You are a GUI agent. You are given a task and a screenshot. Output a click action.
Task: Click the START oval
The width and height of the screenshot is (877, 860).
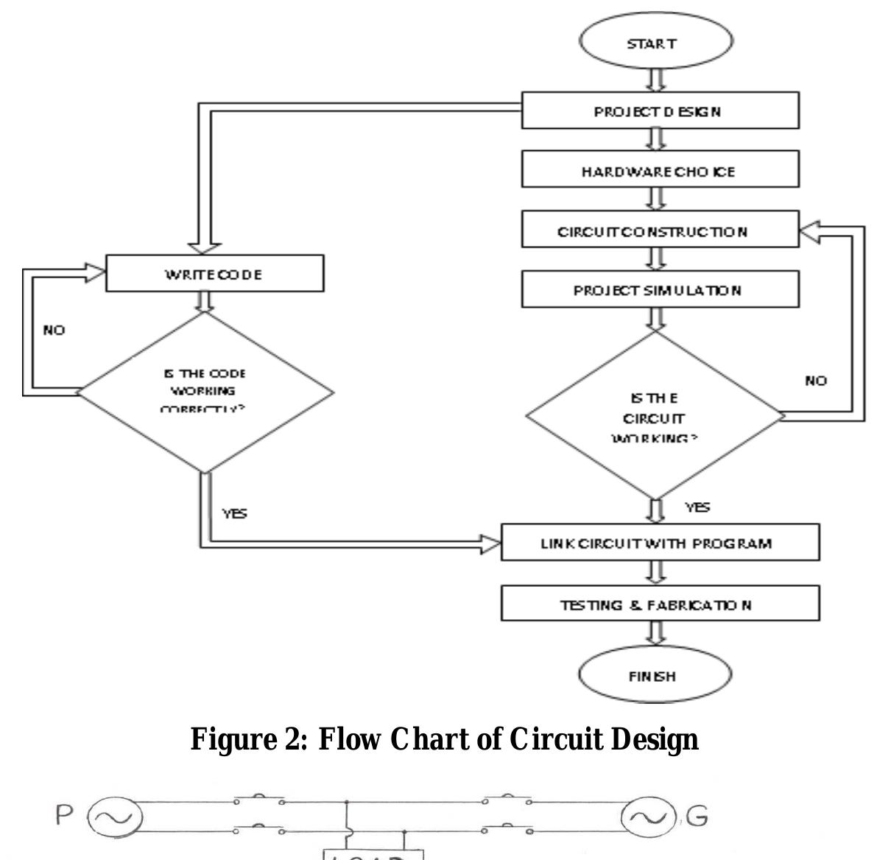[655, 43]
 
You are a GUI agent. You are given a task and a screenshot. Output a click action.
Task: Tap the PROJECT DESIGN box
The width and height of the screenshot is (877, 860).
[660, 111]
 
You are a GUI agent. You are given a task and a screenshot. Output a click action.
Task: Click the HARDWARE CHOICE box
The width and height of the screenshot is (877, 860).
[660, 171]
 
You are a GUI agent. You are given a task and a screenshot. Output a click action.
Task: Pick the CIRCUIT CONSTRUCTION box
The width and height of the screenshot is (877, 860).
[660, 230]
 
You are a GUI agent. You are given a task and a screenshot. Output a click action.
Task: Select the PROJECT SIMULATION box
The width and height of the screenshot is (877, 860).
[660, 289]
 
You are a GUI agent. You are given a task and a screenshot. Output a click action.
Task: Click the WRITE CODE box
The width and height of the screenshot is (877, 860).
[214, 274]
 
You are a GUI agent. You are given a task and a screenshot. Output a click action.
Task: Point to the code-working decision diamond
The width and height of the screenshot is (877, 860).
[205, 392]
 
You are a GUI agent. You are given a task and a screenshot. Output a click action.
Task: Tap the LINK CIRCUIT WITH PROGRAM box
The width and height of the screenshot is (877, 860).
[660, 543]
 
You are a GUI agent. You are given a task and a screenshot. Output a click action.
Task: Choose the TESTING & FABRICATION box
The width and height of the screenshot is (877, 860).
[660, 605]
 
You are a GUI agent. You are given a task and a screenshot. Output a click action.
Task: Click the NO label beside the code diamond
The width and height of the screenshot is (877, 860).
[54, 330]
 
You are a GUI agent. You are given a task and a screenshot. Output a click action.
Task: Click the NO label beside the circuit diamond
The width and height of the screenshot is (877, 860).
[815, 381]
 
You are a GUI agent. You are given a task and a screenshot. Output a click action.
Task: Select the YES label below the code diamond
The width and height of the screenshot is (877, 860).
[235, 513]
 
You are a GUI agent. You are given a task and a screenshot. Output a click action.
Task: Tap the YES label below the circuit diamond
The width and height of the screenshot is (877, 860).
[697, 507]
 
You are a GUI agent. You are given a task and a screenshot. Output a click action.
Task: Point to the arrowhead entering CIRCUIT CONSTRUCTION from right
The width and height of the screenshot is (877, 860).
[809, 231]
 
